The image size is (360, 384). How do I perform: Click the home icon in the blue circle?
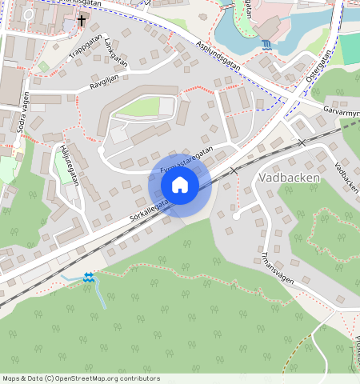tap(180, 185)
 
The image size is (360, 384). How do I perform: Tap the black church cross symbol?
tap(82, 18)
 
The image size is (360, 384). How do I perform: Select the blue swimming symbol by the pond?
tap(266, 44)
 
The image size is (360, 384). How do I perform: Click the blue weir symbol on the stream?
tap(88, 277)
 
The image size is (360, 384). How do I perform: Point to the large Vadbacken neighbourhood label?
tap(290, 178)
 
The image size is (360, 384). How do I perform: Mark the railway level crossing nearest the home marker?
tap(234, 170)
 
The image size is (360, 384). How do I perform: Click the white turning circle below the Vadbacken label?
tap(236, 215)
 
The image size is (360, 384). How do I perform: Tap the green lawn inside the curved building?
tap(140, 106)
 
